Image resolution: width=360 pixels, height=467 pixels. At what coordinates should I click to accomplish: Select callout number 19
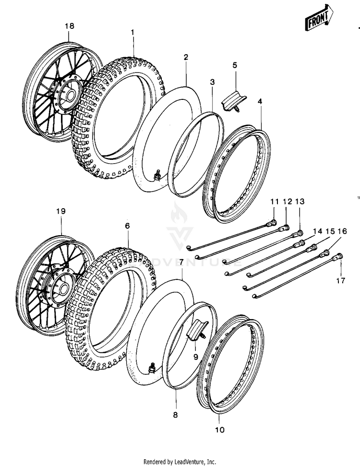[61, 211]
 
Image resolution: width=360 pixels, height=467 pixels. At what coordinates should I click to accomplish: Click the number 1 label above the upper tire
[133, 32]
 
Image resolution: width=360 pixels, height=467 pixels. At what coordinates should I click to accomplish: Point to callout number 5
[235, 65]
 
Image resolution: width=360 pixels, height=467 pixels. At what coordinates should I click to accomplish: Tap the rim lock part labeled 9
[198, 331]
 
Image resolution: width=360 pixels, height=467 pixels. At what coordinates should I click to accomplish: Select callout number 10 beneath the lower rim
[219, 430]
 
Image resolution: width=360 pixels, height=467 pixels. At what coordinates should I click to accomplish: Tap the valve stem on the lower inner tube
[152, 369]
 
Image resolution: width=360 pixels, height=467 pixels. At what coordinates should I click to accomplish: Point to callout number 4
[260, 101]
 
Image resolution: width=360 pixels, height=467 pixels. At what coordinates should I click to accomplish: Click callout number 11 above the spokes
[274, 202]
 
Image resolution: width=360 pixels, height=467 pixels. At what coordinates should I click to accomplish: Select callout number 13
[300, 202]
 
